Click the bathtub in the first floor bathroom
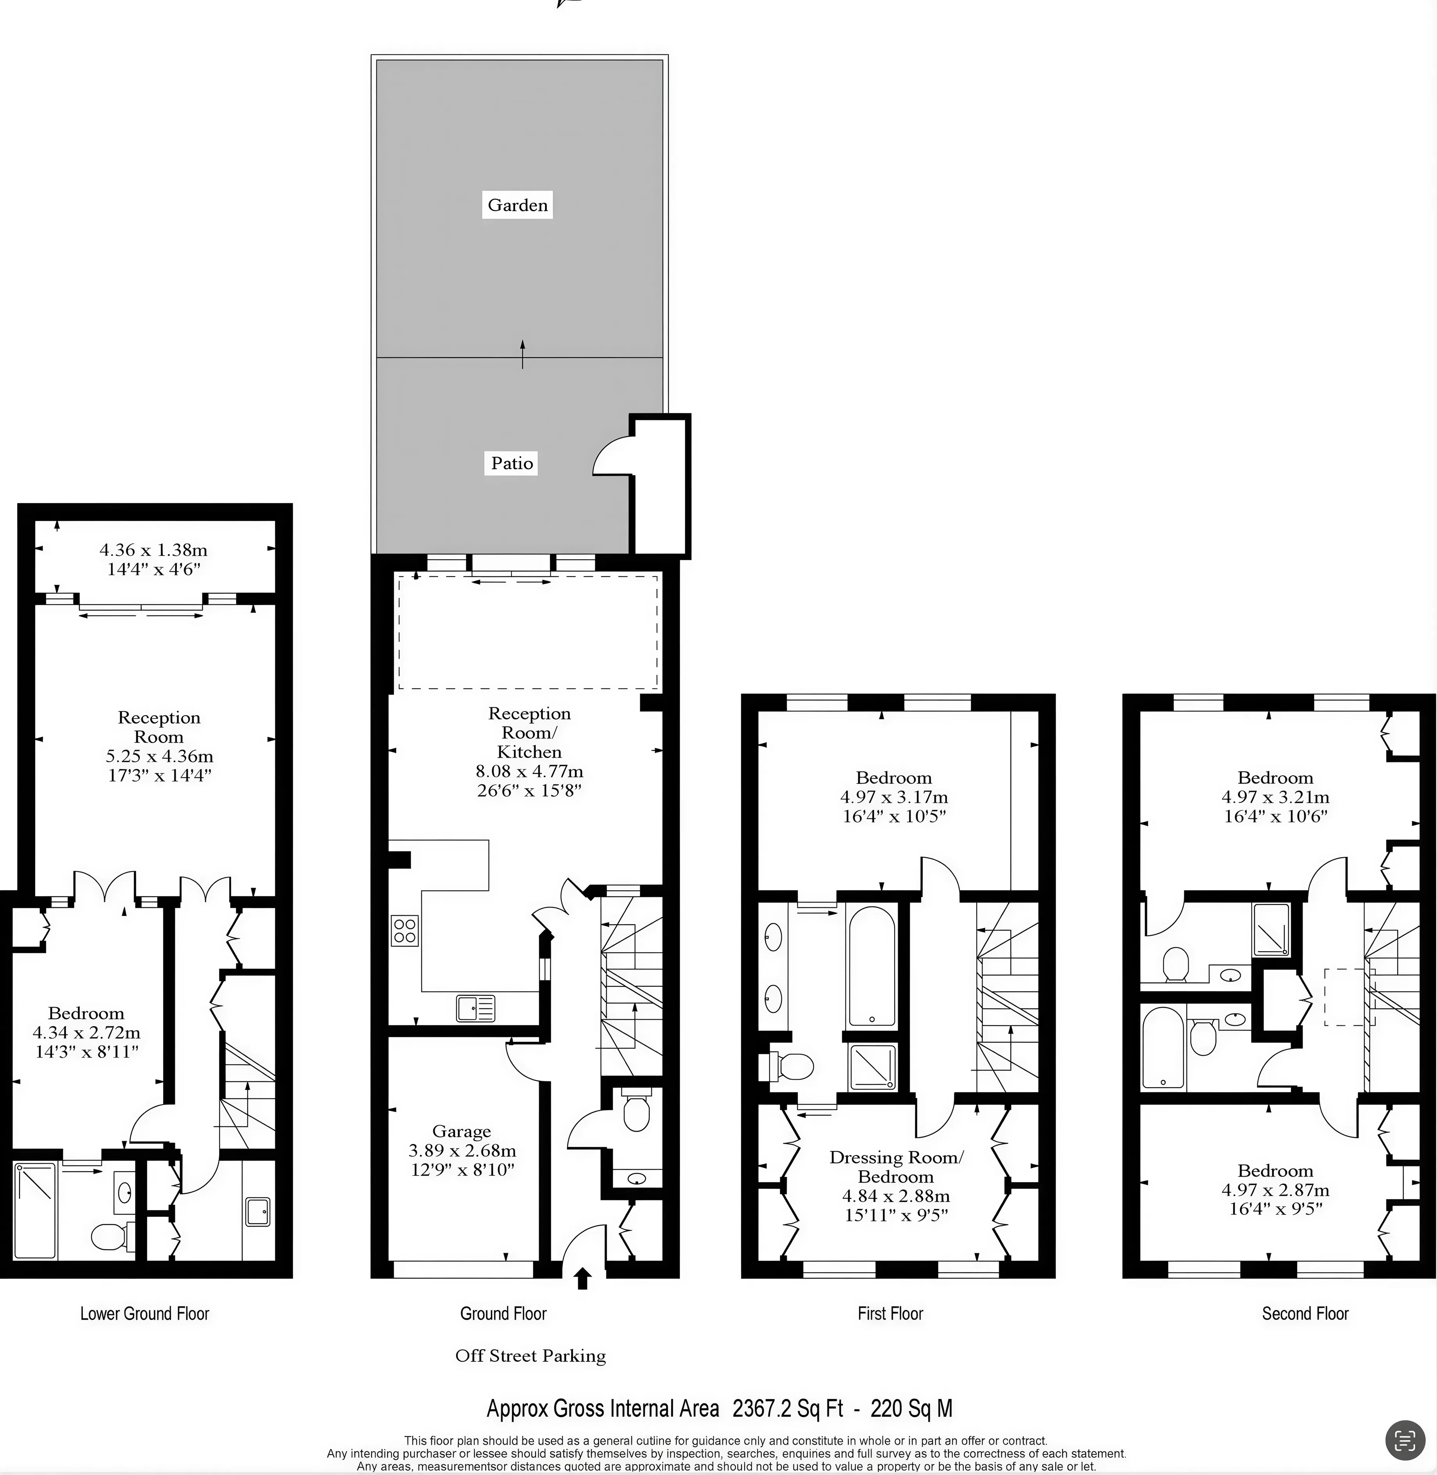click(x=872, y=967)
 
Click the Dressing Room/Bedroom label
click(x=896, y=1167)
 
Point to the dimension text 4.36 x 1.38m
click(x=153, y=550)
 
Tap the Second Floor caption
click(x=1305, y=1313)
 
